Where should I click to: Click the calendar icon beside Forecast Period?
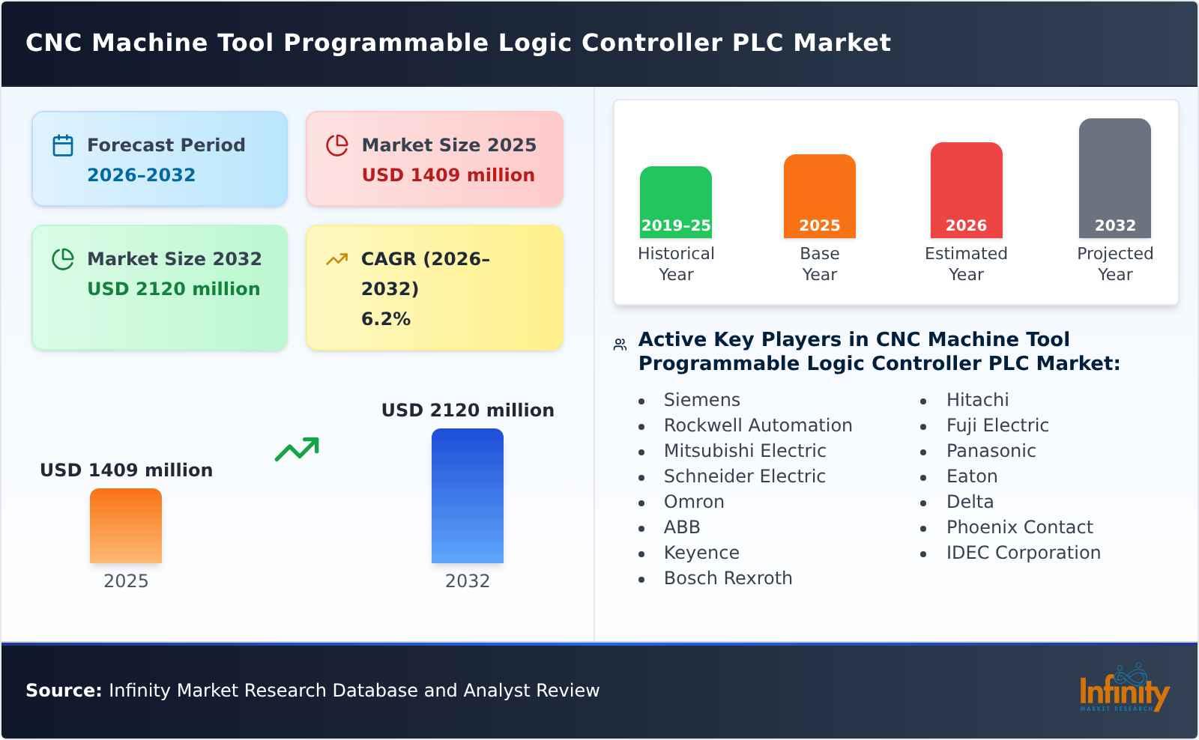click(x=63, y=145)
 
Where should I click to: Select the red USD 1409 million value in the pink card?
click(x=448, y=175)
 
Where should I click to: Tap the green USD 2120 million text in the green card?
click(x=173, y=289)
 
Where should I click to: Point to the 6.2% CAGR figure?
click(x=385, y=319)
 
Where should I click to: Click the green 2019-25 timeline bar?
click(x=675, y=201)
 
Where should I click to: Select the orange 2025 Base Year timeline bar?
click(x=819, y=195)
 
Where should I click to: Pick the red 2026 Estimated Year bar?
click(x=966, y=189)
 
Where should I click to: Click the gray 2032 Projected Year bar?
click(x=1114, y=178)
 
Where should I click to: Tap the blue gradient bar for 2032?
click(x=467, y=495)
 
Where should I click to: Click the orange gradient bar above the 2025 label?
click(x=126, y=525)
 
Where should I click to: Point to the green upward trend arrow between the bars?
click(x=297, y=449)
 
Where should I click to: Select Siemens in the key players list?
click(x=701, y=400)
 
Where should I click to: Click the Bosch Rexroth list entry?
click(x=728, y=578)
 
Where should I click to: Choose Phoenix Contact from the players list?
click(x=1019, y=527)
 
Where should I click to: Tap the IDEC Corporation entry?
click(x=1023, y=553)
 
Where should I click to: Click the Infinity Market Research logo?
click(x=1123, y=690)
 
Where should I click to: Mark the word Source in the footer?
click(x=63, y=691)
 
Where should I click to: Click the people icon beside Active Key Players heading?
click(x=620, y=345)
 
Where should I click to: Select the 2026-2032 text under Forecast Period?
click(x=141, y=175)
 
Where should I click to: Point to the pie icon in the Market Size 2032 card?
click(x=63, y=259)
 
